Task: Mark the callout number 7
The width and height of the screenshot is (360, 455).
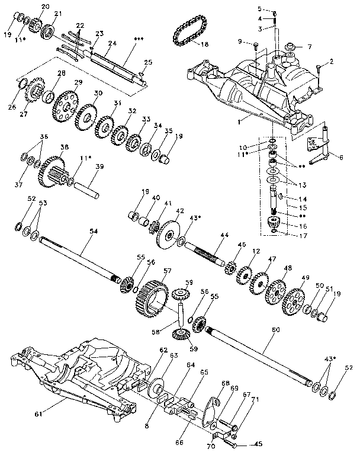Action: point(308,47)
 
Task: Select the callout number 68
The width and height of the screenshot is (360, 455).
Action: point(226,383)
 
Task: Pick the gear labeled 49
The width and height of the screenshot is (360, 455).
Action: point(293,300)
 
